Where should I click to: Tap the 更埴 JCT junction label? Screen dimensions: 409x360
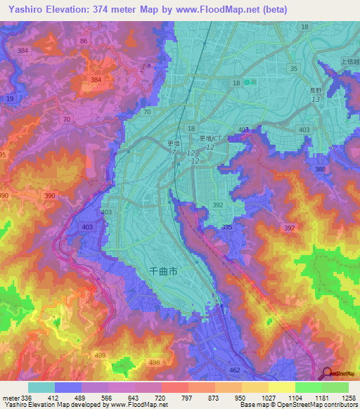coord(210,139)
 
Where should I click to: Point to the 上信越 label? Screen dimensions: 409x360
coord(349,60)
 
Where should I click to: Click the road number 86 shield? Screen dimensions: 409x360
coord(84,42)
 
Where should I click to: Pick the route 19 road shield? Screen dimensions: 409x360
coord(10,99)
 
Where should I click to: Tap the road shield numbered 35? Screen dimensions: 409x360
coord(293,68)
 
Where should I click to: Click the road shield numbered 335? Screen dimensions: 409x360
coord(226,228)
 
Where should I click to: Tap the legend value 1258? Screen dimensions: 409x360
coord(348,398)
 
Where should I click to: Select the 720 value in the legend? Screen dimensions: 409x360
coord(161,398)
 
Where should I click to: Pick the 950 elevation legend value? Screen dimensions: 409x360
coord(241,398)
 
